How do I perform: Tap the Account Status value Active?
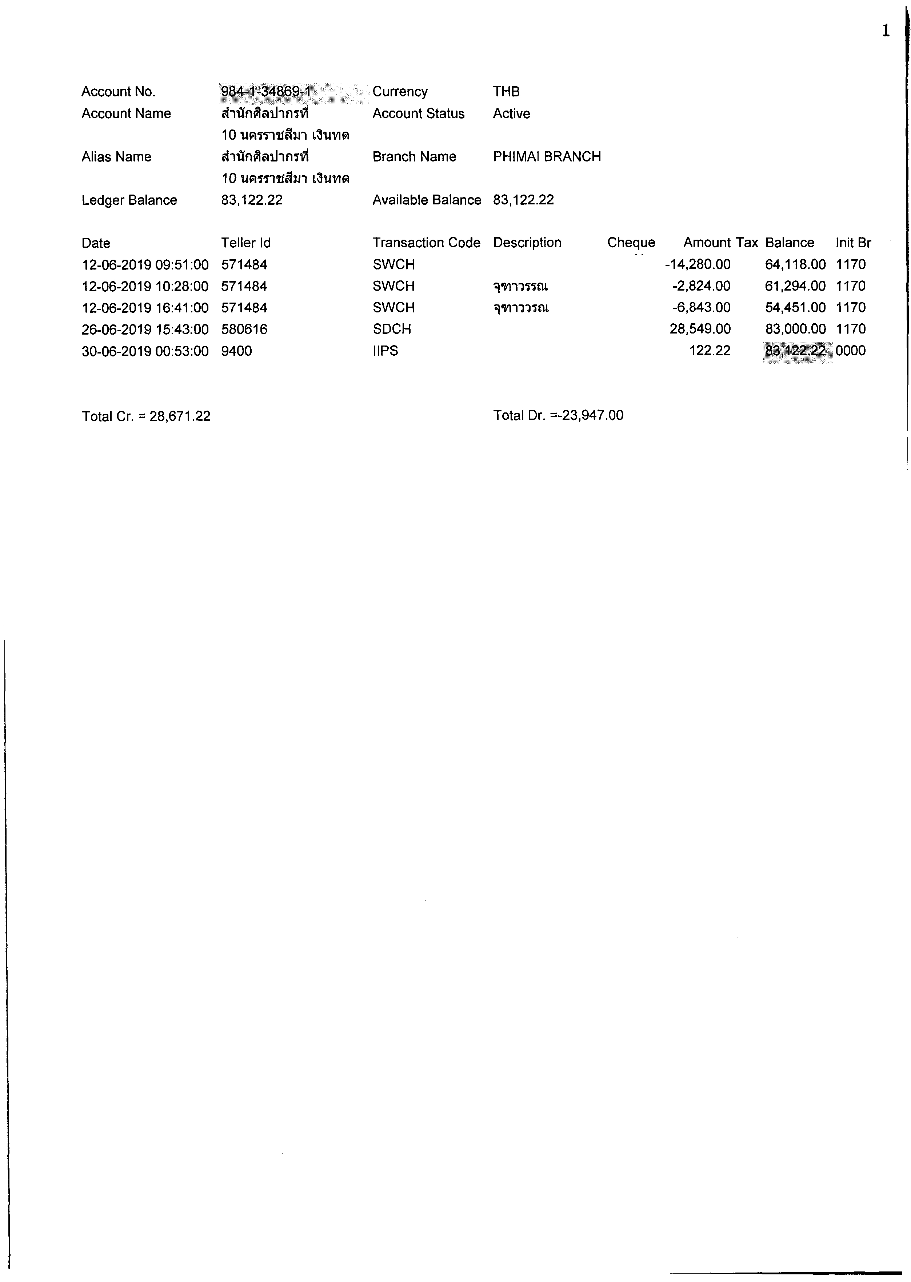[511, 114]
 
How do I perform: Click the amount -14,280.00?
[697, 265]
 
